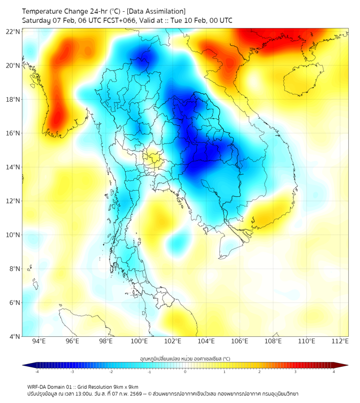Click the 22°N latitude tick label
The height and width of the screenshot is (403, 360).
[x=13, y=31]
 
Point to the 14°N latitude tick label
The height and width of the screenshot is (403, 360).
[x=13, y=167]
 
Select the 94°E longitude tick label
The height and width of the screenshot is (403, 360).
[x=39, y=341]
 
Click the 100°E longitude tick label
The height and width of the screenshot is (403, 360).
[x=140, y=341]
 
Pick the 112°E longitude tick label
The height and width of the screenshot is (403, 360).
[x=340, y=341]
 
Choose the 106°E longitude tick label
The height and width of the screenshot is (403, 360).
[x=240, y=341]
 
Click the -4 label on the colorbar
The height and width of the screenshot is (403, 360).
[x=36, y=372]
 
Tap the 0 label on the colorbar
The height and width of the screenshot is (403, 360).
[x=185, y=372]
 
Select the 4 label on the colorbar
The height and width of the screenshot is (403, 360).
[x=333, y=372]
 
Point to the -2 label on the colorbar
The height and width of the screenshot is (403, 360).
[x=111, y=372]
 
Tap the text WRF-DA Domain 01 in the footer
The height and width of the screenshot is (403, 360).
[x=52, y=386]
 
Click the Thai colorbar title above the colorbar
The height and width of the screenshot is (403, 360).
[x=185, y=358]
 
